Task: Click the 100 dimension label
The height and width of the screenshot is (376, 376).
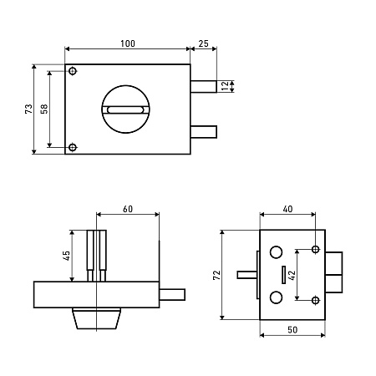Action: click(x=128, y=43)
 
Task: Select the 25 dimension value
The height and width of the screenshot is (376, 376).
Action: click(x=203, y=43)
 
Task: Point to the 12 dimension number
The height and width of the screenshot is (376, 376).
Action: click(x=225, y=85)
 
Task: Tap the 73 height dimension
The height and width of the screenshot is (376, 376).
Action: click(x=28, y=109)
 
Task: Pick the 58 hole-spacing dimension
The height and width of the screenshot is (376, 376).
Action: click(x=44, y=109)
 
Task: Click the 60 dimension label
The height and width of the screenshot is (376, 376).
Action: click(x=128, y=209)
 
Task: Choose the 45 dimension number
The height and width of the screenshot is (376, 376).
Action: click(x=67, y=256)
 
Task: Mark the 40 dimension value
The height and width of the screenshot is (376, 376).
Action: click(x=287, y=209)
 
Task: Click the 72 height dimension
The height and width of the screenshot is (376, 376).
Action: click(x=216, y=275)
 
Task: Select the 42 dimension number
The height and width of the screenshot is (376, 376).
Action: click(x=292, y=275)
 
